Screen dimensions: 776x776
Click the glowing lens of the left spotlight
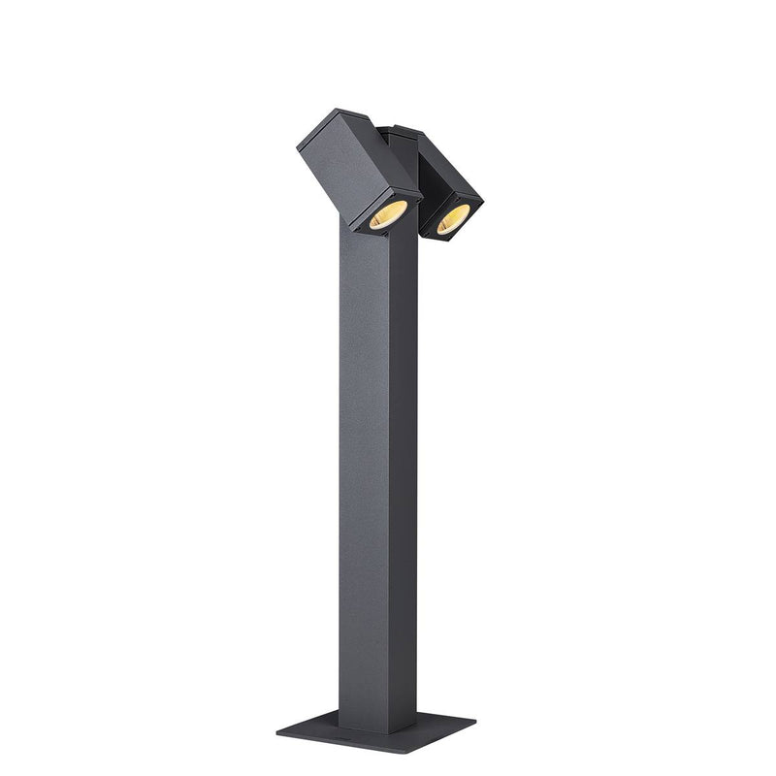click(387, 216)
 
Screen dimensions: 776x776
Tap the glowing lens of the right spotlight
click(452, 219)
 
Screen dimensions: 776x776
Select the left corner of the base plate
click(277, 723)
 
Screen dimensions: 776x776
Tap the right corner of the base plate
click(475, 721)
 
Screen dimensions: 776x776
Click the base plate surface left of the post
click(315, 724)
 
